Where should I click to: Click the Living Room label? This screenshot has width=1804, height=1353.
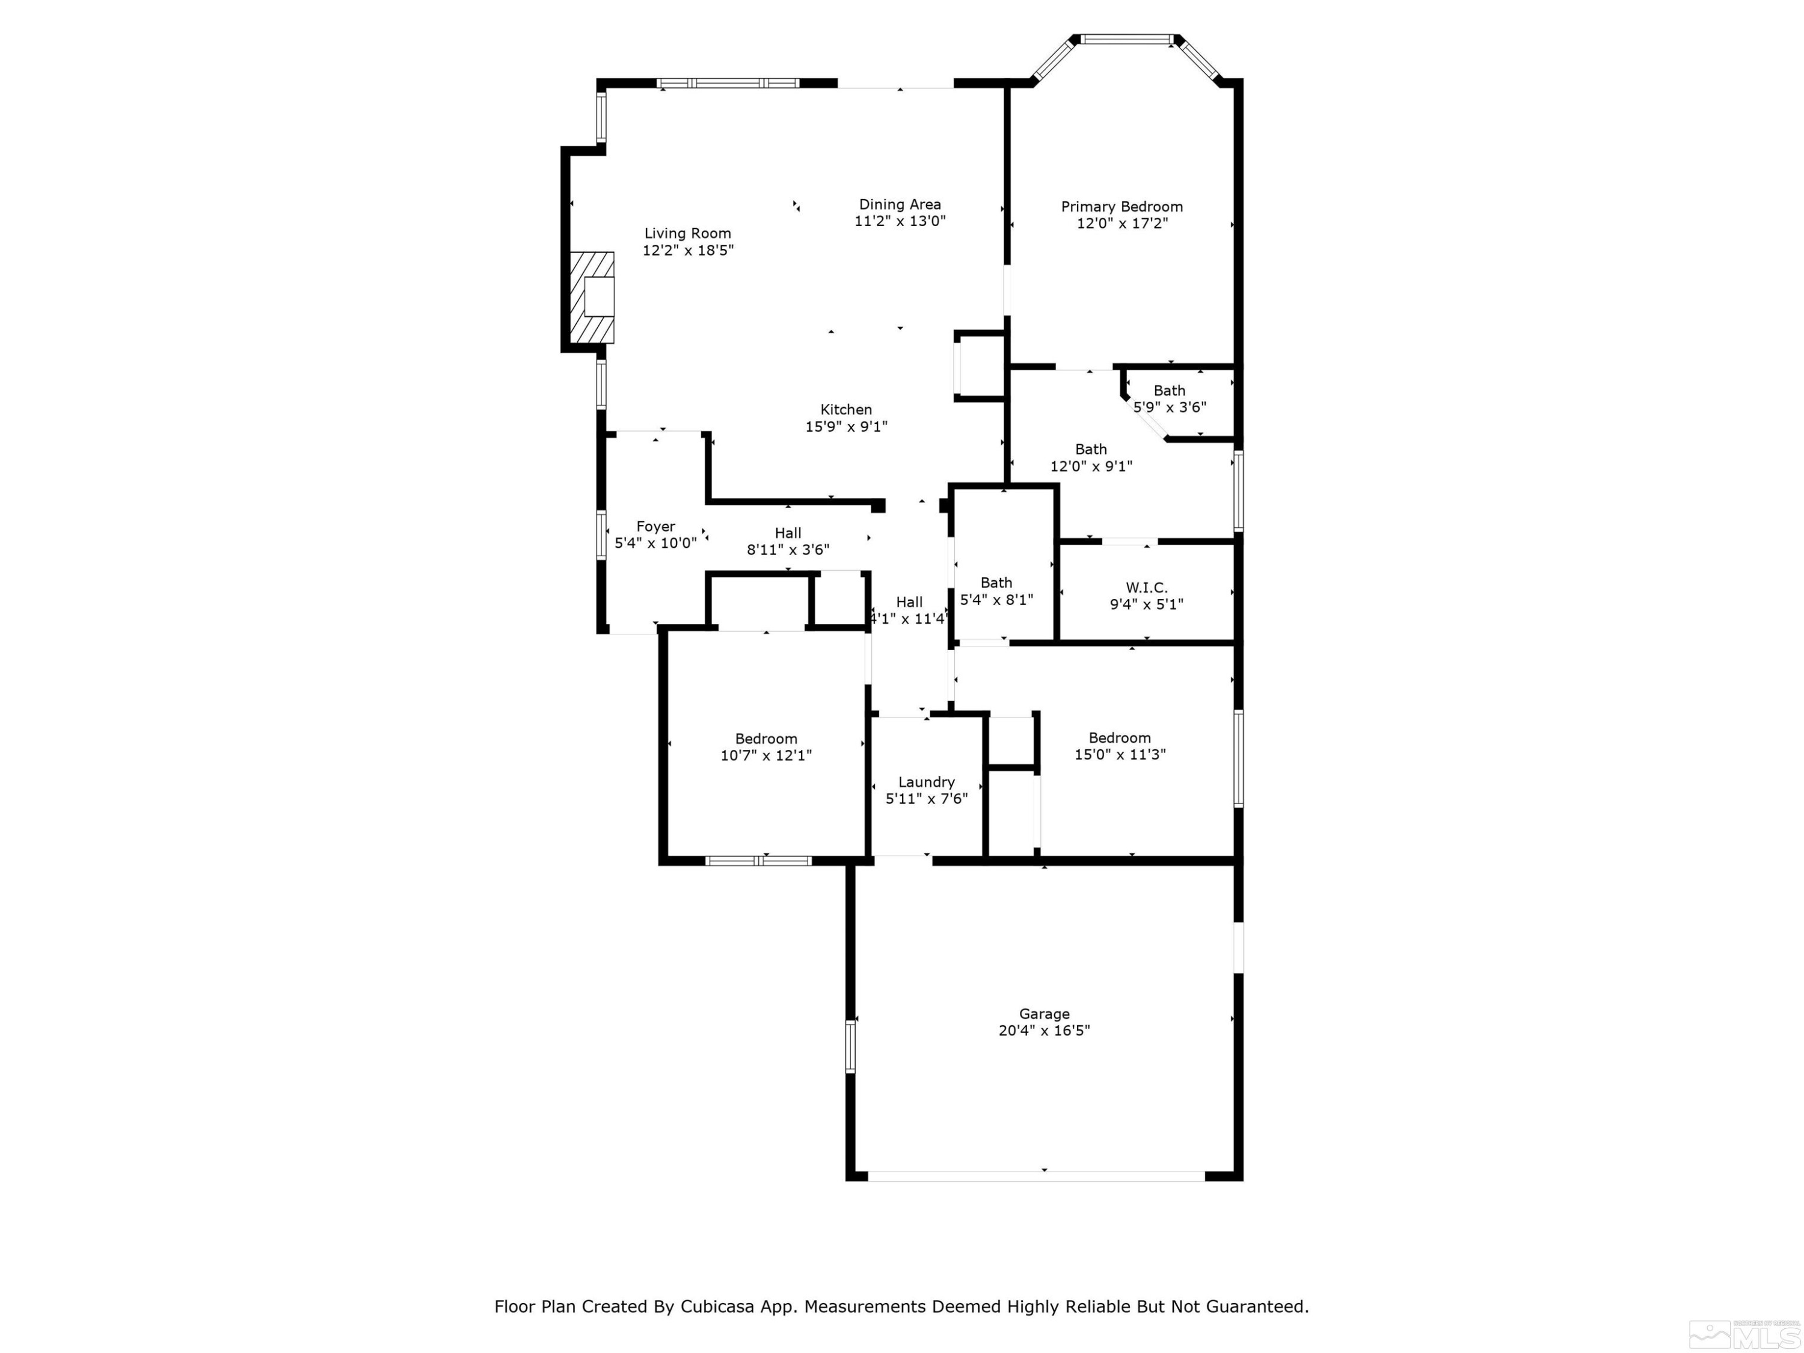[x=687, y=233]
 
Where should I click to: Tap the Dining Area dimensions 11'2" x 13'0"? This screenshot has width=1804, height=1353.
[x=900, y=221]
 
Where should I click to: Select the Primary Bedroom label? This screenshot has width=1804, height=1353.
[x=1121, y=206]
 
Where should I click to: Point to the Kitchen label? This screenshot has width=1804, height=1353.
[x=845, y=410]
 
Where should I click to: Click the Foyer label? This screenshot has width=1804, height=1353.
[x=655, y=526]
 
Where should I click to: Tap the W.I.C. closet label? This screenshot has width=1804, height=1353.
[x=1146, y=587]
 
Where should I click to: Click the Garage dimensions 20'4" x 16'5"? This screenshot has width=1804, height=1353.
[x=1044, y=1030]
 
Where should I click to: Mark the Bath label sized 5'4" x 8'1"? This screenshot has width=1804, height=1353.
[x=996, y=582]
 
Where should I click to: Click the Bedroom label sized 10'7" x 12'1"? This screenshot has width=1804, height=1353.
[x=766, y=738]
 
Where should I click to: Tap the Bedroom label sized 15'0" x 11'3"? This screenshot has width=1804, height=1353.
[x=1119, y=737]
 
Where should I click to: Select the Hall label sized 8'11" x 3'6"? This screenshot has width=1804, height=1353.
[x=788, y=533]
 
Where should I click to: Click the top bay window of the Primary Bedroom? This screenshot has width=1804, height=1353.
[x=1126, y=38]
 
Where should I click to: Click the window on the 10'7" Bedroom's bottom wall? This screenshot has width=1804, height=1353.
[x=758, y=861]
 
